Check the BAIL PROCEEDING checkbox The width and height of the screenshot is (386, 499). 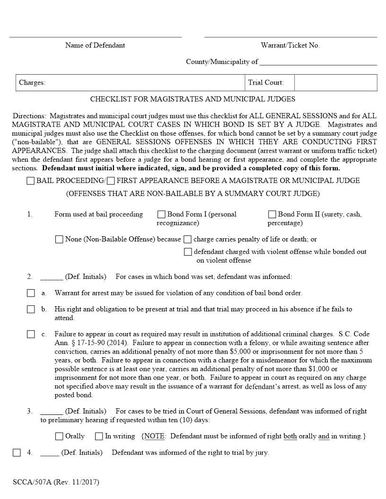[x=31, y=181]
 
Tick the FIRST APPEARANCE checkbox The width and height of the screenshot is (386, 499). [x=111, y=181]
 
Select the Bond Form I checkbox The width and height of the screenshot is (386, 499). [x=161, y=215]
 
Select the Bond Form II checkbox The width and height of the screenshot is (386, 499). [x=272, y=215]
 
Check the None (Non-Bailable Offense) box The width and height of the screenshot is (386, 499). [x=59, y=240]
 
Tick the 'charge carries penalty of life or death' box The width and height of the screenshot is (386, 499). [x=188, y=240]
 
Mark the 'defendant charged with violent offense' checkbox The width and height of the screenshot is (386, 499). [x=188, y=252]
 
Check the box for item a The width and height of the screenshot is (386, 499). [x=31, y=293]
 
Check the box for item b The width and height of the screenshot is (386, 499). [x=31, y=310]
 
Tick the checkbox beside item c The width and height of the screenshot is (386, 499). [x=31, y=335]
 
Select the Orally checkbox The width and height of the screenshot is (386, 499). [x=59, y=436]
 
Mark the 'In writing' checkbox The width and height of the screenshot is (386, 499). [x=99, y=436]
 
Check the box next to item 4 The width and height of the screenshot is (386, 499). [x=17, y=453]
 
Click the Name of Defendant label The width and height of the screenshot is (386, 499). [x=95, y=45]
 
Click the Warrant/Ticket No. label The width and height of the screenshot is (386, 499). [x=290, y=45]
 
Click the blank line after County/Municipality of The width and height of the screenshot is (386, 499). [x=318, y=62]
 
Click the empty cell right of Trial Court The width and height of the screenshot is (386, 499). [x=335, y=83]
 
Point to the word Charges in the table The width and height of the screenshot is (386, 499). [x=32, y=83]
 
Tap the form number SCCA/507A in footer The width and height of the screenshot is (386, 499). [x=32, y=482]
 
